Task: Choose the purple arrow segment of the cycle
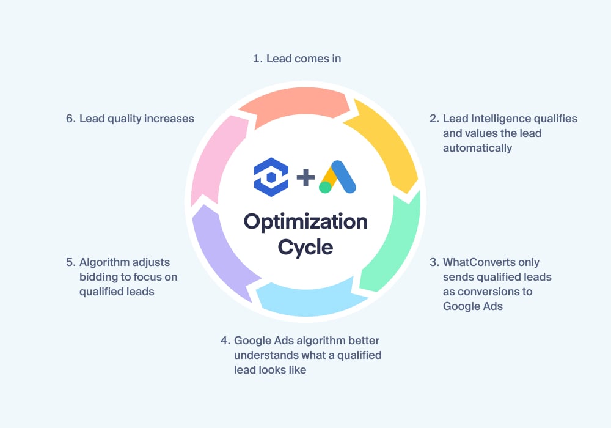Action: point(216,253)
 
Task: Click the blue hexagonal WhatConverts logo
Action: point(271,177)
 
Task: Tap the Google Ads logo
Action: point(337,177)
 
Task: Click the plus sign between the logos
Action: point(305,177)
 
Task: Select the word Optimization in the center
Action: point(305,222)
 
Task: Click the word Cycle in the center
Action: point(305,247)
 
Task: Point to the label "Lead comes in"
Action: point(304,59)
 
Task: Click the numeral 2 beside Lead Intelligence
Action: point(434,119)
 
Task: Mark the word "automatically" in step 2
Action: point(477,148)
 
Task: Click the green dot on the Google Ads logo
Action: point(325,187)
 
